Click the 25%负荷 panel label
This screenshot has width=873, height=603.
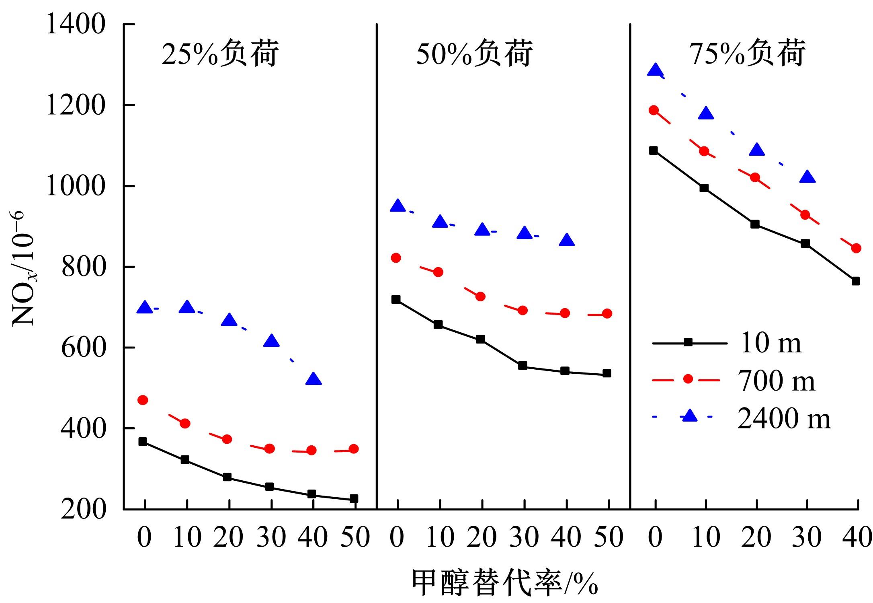pos(220,54)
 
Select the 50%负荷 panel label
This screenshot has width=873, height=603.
pos(474,54)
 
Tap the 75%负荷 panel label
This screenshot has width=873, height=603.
pos(747,54)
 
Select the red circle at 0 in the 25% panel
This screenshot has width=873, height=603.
pos(143,400)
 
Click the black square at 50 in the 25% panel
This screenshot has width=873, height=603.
pos(354,499)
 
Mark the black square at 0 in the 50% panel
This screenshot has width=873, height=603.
pos(396,299)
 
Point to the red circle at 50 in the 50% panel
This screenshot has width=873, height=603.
pos(607,313)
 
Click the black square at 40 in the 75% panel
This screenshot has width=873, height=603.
pos(856,281)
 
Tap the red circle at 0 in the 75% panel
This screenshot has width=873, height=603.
pos(654,110)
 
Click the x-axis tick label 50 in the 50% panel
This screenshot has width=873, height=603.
pos(608,537)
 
